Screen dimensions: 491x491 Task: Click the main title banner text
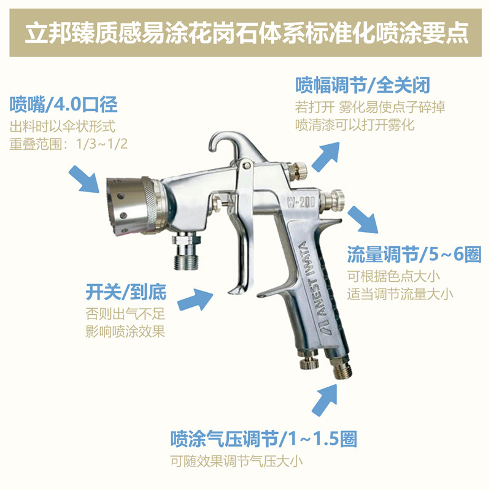click(247, 33)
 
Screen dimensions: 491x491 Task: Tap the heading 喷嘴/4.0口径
click(64, 104)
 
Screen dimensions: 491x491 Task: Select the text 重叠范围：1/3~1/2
click(69, 144)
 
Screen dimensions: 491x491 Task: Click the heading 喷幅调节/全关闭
click(363, 85)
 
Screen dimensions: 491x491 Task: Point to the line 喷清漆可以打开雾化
click(355, 125)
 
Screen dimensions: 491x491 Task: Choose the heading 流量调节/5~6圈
click(414, 254)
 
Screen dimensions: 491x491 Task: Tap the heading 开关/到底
click(126, 292)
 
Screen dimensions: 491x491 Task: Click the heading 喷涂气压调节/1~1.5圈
click(264, 438)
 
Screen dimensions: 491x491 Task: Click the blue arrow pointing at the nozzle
click(84, 179)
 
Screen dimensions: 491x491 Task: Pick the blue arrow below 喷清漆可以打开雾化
click(326, 157)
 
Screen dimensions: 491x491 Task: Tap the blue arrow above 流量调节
click(363, 220)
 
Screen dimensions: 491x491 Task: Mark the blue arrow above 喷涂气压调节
click(325, 400)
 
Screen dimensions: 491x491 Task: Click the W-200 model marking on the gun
click(301, 203)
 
